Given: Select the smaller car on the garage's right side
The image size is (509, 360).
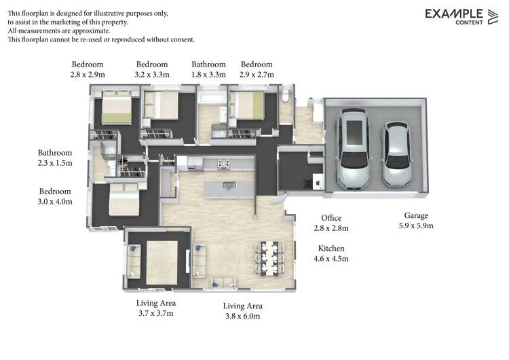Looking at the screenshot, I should coord(396,154).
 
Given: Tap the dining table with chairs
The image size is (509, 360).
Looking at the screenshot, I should coord(269,258).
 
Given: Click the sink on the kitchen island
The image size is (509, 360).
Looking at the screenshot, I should coord(227,185).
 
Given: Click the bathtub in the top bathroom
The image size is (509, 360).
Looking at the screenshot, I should coord(212,100).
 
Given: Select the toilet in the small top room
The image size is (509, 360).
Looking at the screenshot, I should coord(286,96).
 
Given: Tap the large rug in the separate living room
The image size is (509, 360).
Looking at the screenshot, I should coord(161,262).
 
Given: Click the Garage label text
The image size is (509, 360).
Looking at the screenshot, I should coord(416,215).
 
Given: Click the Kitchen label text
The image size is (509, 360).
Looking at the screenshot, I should coord(330,249).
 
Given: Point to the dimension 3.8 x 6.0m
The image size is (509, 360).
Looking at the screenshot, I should coord(242,316).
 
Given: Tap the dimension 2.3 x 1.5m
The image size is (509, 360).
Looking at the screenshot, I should coord(55,163).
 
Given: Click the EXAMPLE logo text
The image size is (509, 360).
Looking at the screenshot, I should coord(453,13).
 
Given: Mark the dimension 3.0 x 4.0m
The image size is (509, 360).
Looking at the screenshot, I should coord(55,202).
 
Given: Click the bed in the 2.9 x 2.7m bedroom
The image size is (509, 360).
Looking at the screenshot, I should coord(248,105).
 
